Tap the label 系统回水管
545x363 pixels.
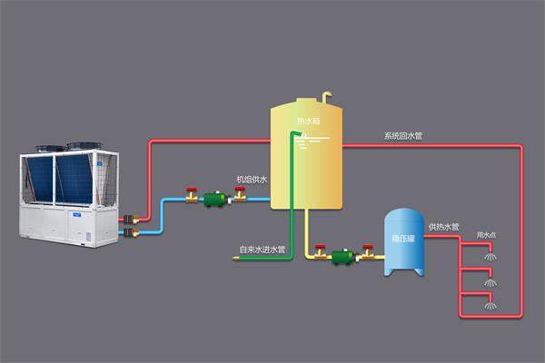pos(402,136)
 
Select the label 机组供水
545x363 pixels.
pos(252,180)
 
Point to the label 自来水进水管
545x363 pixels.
pos(262,249)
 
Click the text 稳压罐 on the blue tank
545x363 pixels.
pos(404,239)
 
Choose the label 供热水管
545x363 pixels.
pos(443,226)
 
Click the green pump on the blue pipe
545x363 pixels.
pos(215,197)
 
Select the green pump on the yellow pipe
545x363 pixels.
pos(342,257)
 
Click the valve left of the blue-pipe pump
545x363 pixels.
pos(192,194)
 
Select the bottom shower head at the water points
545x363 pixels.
pos(490,304)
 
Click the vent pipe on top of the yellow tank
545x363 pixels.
pos(327,94)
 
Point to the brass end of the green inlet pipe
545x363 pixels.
pos(237,259)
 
